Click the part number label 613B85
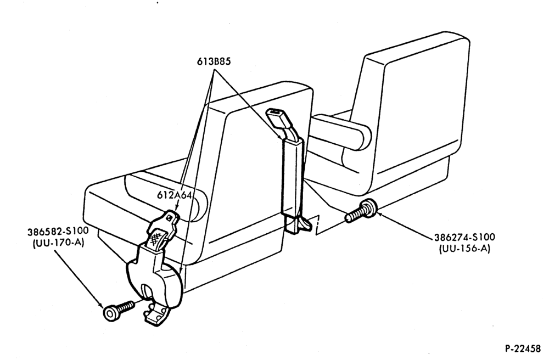214,61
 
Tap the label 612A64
174,195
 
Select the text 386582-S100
58,232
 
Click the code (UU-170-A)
59,243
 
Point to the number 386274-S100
464,237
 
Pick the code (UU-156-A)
464,249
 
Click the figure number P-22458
523,348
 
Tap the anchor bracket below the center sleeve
296,224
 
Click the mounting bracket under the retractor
155,315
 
